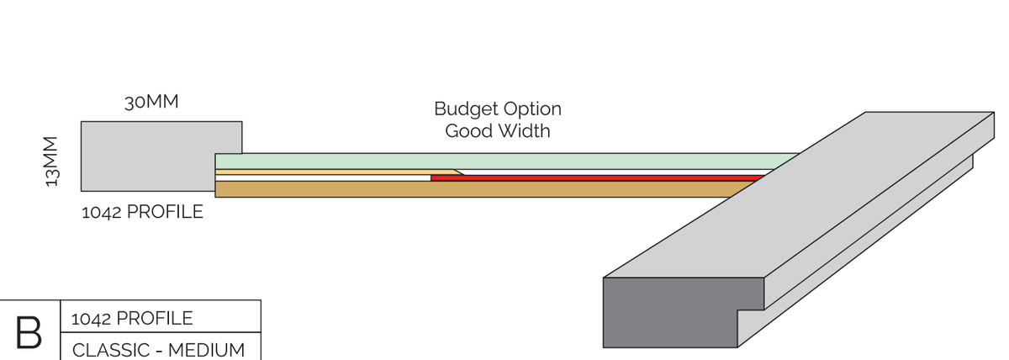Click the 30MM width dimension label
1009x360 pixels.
(151, 103)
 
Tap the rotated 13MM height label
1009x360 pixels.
(53, 161)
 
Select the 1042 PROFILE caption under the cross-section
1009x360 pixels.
(142, 212)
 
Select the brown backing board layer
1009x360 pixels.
(471, 189)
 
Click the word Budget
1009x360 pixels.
(464, 109)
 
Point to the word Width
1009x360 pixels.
(522, 131)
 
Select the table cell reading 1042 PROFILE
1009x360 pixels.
(133, 319)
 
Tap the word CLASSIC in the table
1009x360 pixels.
(108, 349)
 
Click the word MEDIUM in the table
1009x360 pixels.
(207, 349)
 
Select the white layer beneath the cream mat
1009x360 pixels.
(324, 177)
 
